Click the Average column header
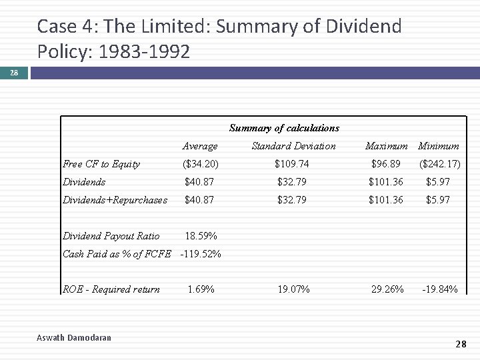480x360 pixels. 200,146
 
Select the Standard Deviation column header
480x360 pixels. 293,146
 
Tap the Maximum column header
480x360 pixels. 387,146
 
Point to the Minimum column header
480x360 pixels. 439,146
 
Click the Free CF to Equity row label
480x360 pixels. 101,164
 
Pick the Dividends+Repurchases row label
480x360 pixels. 115,200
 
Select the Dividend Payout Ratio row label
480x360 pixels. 111,236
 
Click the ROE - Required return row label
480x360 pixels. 111,289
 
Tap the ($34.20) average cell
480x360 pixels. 201,164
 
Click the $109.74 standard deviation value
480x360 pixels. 293,164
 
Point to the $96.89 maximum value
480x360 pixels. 386,164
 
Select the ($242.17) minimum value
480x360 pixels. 439,164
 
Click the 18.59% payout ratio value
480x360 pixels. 201,236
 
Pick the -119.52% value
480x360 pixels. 201,253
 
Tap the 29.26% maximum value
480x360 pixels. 387,289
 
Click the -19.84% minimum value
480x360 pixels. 439,289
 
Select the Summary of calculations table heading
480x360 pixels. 284,128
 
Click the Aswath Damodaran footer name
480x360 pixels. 74,338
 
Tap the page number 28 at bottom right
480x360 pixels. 461,344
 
